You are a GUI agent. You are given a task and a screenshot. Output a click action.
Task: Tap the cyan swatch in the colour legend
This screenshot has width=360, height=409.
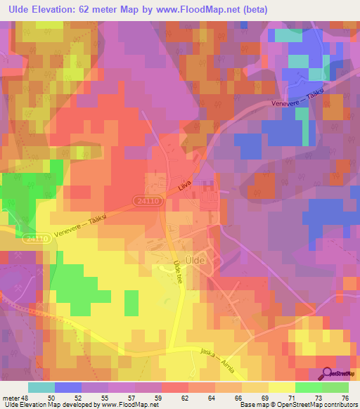41,387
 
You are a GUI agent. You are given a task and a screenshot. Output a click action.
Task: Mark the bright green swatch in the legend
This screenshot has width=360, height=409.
309,387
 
